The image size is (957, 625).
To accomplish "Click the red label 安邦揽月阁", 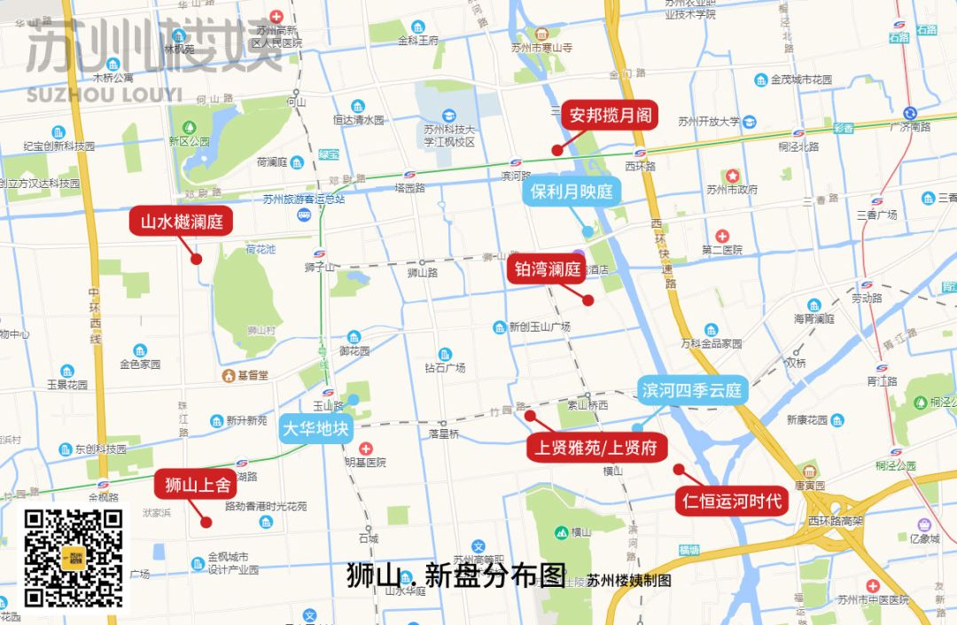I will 611,115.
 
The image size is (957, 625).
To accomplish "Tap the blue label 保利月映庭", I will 572,191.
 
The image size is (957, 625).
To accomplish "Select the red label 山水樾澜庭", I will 182,221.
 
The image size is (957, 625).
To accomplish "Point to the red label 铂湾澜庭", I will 545,270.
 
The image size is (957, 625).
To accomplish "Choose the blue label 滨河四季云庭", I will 693,391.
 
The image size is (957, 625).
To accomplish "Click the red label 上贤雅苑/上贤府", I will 597,448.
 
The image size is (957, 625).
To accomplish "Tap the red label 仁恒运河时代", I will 732,502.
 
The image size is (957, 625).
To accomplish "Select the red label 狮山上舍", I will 198,485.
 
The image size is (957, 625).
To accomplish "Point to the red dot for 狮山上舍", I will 206,522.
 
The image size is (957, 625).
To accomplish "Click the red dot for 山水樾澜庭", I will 197,259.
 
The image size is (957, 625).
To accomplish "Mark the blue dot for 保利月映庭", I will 587,231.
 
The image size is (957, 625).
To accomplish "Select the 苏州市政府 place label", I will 732,189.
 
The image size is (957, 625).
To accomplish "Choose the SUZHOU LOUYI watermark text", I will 104,95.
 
